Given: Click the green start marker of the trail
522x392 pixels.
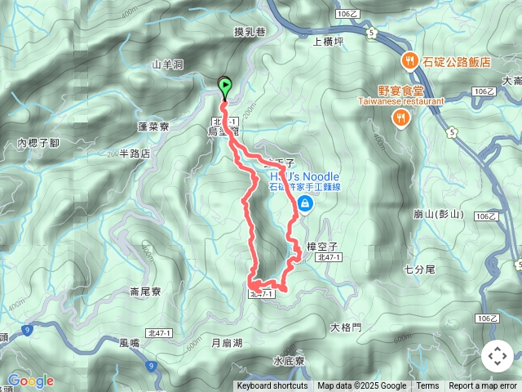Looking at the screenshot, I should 225,84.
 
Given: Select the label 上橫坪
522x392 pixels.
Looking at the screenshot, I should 330,38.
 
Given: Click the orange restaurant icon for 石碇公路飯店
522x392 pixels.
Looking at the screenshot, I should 406,60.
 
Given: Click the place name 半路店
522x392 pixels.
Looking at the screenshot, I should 135,153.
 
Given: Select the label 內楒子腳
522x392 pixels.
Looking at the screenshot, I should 38,143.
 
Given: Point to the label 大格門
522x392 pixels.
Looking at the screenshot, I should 345,327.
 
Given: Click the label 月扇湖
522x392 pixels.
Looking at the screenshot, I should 227,343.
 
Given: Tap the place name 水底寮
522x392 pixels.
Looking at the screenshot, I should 289,360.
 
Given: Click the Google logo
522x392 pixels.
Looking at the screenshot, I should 30,381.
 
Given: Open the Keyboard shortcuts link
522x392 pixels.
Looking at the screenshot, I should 272,386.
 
